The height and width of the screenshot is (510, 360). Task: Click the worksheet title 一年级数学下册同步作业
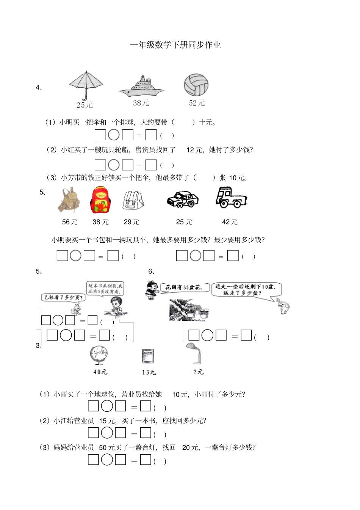[x=175, y=45]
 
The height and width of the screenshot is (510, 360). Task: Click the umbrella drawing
[x=86, y=85]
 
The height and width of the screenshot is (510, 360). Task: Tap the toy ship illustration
[x=141, y=86]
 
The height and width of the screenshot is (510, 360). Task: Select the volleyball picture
[x=196, y=85]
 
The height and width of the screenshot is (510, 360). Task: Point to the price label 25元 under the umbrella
[x=84, y=105]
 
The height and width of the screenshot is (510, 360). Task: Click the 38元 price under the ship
[x=141, y=103]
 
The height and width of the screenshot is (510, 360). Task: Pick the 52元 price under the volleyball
[x=197, y=103]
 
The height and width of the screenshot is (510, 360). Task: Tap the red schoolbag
[x=100, y=200]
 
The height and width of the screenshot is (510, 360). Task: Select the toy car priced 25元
[x=183, y=199]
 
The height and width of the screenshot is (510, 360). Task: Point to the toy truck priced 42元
[x=230, y=198]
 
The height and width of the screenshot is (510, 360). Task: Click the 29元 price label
[x=131, y=222]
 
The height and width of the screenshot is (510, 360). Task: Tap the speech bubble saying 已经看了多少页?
[x=63, y=297]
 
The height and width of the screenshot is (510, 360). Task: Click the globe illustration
[x=99, y=355]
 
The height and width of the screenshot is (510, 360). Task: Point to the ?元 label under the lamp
[x=198, y=372]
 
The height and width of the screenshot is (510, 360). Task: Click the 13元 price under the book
[x=149, y=372]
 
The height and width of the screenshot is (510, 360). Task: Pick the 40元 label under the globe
[x=100, y=372]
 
